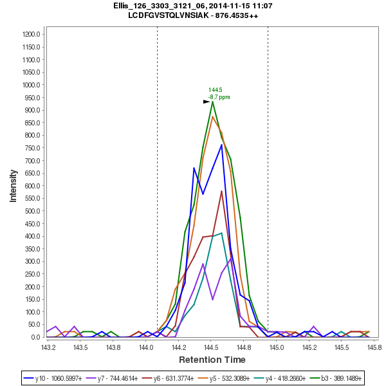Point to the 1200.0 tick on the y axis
(32, 35)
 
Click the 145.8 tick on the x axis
(374, 347)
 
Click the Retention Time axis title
(212, 359)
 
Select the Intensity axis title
(13, 186)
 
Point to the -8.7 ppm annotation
(219, 97)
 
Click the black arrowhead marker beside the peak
(207, 102)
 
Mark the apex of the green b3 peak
(212, 102)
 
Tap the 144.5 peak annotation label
(215, 90)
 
